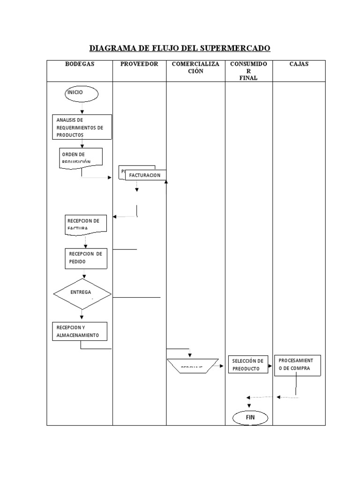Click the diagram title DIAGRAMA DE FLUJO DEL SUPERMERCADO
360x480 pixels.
180,48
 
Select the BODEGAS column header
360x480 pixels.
79,64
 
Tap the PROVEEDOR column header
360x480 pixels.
139,64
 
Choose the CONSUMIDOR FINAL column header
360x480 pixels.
248,71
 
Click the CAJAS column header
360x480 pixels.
299,64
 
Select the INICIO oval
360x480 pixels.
82,94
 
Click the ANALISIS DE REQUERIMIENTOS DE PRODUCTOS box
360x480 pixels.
82,127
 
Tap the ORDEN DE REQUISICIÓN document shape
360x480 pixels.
81,157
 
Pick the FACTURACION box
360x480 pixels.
145,175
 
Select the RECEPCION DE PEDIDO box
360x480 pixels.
86,258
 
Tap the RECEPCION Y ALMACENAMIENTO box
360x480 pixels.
80,331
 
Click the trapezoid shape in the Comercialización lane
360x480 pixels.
192,366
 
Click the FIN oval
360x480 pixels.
249,417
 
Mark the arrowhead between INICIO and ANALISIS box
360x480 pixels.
82,112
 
